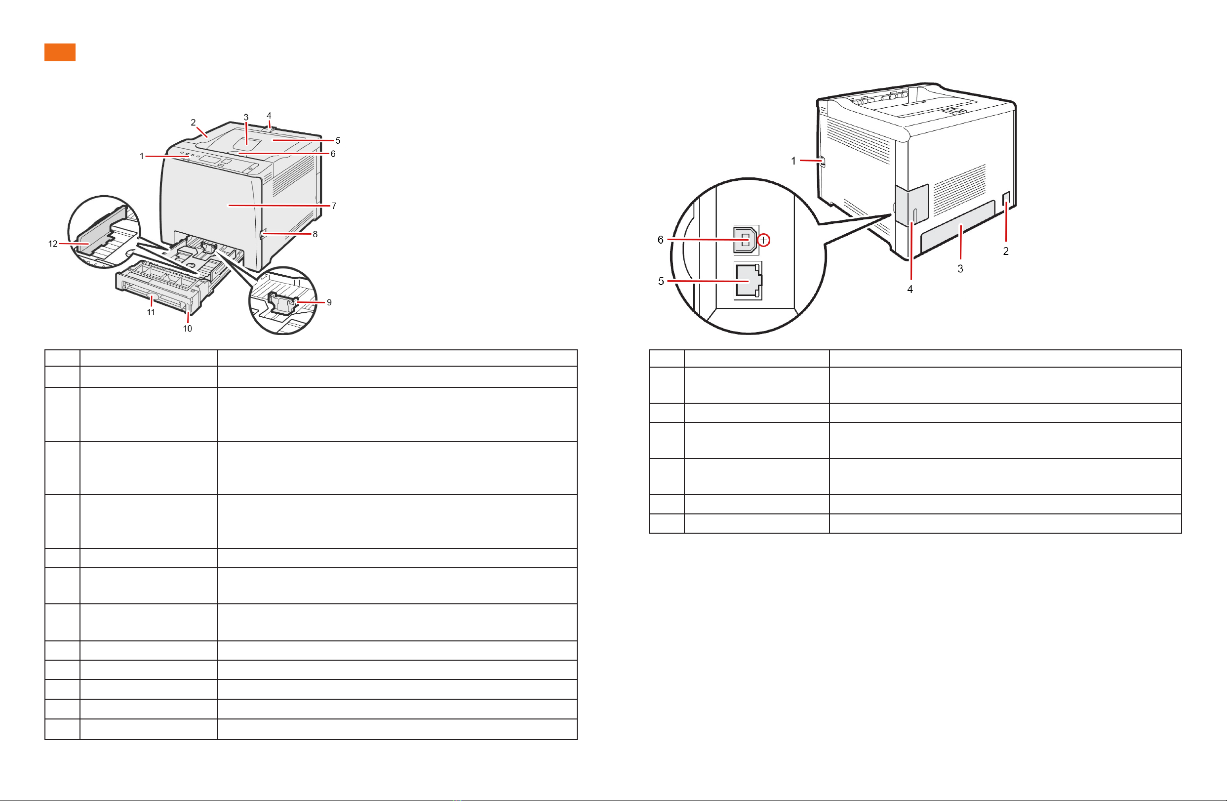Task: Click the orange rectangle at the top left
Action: pos(60,52)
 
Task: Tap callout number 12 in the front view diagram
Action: pos(52,244)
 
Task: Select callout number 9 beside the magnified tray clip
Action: pos(329,302)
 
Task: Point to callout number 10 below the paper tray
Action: pos(187,329)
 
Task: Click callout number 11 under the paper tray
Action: pos(151,312)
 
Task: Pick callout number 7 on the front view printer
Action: pos(334,206)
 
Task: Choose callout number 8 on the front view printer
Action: pos(315,234)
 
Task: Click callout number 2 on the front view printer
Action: pos(194,122)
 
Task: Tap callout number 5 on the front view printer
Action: pos(338,140)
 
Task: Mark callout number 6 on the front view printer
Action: pos(333,154)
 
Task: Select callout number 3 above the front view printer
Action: pos(246,117)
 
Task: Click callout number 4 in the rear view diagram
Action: pos(910,290)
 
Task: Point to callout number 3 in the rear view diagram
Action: pos(960,269)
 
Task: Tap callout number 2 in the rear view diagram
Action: pos(1005,251)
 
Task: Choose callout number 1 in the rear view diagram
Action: pos(793,161)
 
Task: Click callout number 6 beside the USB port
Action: pos(661,240)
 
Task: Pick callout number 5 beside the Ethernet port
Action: pos(661,281)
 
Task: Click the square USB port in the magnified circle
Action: pos(746,240)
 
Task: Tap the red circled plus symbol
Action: pos(763,240)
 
